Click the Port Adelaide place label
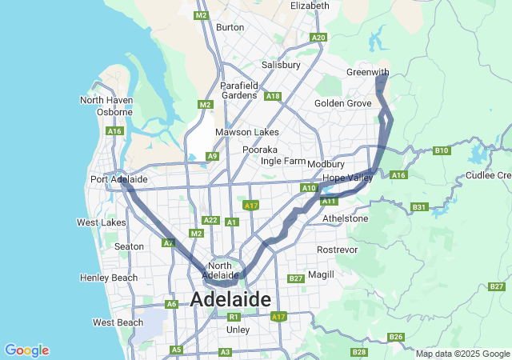click(x=118, y=179)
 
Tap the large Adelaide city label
click(x=230, y=299)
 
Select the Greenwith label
click(x=367, y=72)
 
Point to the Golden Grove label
click(x=342, y=103)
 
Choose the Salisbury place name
click(x=281, y=65)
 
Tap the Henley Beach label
click(x=109, y=278)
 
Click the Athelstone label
click(x=345, y=218)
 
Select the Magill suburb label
click(x=321, y=274)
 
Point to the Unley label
click(x=238, y=330)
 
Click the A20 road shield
click(x=319, y=38)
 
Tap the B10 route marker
click(x=442, y=150)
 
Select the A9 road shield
click(x=212, y=156)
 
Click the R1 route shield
click(x=234, y=317)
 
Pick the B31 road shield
click(x=418, y=207)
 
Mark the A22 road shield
click(x=210, y=220)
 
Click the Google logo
click(x=26, y=350)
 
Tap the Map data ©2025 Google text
click(x=462, y=354)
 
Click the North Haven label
click(x=105, y=100)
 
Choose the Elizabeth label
click(x=310, y=6)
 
